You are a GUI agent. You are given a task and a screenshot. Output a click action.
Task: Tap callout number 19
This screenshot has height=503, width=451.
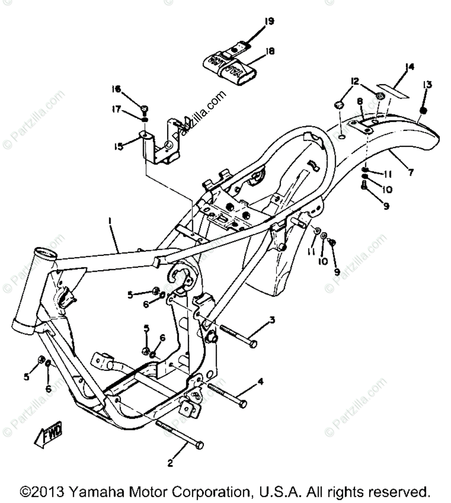click(270, 21)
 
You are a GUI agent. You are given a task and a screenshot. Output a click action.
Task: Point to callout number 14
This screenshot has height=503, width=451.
click(409, 68)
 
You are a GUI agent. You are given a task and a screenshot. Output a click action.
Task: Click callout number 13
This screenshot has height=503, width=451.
click(427, 85)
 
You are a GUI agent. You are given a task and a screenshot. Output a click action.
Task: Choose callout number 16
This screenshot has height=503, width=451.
click(117, 90)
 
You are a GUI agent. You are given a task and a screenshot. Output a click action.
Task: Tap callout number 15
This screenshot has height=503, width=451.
click(118, 146)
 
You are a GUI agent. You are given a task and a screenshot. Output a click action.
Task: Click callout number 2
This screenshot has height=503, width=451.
click(170, 462)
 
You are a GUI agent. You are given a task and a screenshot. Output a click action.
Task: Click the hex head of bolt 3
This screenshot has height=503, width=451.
click(253, 344)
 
